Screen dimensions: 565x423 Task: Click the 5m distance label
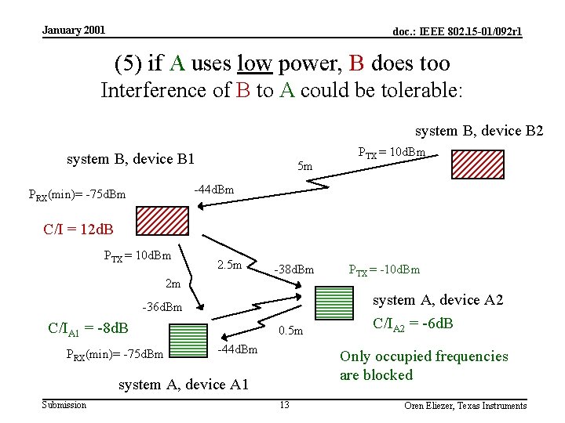point(305,166)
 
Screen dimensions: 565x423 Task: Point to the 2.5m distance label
point(229,266)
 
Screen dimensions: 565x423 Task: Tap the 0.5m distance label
point(291,331)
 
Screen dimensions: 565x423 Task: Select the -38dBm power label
point(294,270)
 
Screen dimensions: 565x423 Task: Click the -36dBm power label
point(162,307)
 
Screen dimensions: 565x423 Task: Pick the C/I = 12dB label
point(78,230)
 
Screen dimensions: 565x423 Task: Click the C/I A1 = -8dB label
point(88,328)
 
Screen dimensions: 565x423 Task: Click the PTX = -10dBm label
point(385,270)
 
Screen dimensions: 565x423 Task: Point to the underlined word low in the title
point(259,63)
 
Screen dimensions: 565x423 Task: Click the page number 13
point(284,404)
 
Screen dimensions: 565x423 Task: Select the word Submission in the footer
point(64,404)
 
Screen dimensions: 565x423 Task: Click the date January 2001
point(74,31)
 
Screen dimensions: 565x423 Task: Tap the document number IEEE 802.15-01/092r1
point(457,32)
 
